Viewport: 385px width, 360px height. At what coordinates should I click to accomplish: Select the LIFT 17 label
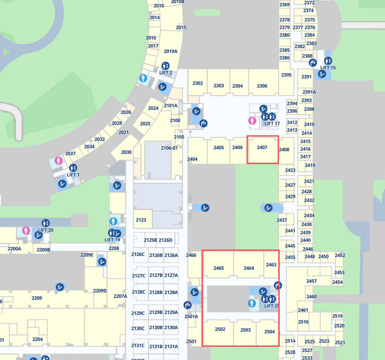(272, 124)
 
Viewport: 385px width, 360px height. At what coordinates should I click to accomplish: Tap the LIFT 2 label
(166, 73)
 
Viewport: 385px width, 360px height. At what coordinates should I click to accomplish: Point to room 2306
(262, 86)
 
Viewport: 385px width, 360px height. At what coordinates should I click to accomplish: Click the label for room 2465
(219, 268)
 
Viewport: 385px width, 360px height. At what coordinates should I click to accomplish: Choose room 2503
(245, 330)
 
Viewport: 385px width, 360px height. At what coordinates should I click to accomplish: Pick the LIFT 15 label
(328, 68)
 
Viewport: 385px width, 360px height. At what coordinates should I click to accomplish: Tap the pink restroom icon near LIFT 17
(252, 120)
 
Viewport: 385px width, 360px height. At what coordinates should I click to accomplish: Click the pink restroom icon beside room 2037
(59, 160)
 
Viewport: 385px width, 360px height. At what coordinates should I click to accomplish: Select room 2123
(141, 220)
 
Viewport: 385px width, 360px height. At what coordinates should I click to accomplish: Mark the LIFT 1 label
(73, 175)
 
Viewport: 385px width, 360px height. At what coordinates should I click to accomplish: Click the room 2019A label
(171, 51)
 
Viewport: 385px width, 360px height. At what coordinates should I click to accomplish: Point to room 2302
(197, 83)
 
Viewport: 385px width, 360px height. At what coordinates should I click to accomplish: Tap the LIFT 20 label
(46, 230)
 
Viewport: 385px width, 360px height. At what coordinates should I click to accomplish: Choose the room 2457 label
(312, 281)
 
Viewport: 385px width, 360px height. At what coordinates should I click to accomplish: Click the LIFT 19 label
(112, 240)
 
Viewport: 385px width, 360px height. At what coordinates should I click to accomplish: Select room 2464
(249, 268)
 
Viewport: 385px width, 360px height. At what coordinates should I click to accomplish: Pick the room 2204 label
(38, 339)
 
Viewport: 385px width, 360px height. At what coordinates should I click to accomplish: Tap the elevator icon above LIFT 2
(166, 65)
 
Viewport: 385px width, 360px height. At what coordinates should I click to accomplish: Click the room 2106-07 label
(169, 148)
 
